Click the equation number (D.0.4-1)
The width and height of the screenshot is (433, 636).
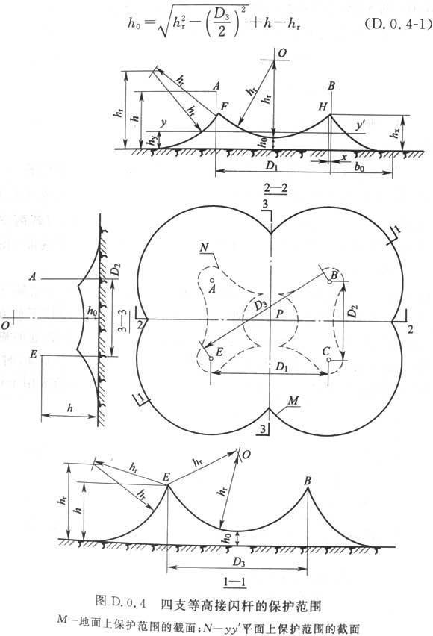tap(396, 25)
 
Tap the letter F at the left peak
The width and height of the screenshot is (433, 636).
tap(225, 107)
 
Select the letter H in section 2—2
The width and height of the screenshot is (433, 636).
tap(323, 107)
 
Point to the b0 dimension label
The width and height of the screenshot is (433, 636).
tap(359, 166)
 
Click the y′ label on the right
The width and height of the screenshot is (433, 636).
tap(361, 125)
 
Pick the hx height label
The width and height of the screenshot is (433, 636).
tap(394, 132)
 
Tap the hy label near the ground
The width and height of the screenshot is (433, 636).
tap(152, 140)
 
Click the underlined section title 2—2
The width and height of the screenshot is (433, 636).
tap(275, 188)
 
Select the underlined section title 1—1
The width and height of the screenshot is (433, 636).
tap(235, 583)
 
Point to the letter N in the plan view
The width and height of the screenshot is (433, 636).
tap(204, 247)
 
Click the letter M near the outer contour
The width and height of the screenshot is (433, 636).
tap(293, 401)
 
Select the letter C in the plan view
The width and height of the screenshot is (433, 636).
tap(325, 352)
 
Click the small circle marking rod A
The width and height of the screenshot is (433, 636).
tap(212, 281)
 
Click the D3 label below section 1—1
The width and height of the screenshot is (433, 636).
tap(239, 562)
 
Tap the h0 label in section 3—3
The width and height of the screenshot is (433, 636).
tap(93, 311)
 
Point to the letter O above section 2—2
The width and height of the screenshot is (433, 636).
tap(282, 53)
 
